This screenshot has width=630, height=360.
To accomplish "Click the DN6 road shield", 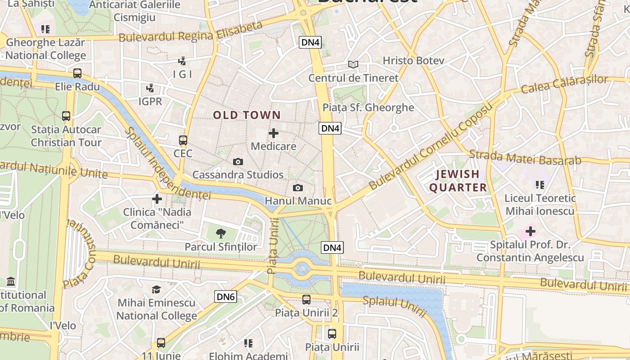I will pyautogui.click(x=225, y=297).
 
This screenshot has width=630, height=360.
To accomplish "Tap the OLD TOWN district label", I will pyautogui.click(x=247, y=115).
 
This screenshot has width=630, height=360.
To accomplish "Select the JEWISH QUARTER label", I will pyautogui.click(x=458, y=181).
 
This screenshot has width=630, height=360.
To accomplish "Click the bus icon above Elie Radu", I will pyautogui.click(x=77, y=73).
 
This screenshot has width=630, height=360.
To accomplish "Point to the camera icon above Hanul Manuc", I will pyautogui.click(x=298, y=188).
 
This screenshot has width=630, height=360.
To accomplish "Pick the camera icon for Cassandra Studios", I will pyautogui.click(x=238, y=162).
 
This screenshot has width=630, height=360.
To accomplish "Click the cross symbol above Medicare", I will pyautogui.click(x=274, y=133).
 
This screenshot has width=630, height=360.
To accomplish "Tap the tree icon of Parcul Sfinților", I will pyautogui.click(x=220, y=233).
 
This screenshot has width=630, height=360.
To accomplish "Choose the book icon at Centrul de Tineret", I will pyautogui.click(x=354, y=65).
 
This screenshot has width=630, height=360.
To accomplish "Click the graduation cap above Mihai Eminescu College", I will pyautogui.click(x=156, y=289).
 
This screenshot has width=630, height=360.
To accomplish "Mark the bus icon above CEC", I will pyautogui.click(x=183, y=140).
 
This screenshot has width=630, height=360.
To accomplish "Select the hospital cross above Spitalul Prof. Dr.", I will pyautogui.click(x=531, y=232).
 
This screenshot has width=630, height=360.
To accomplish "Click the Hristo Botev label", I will pyautogui.click(x=413, y=60).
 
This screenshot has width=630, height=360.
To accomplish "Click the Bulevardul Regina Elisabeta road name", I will pyautogui.click(x=190, y=32).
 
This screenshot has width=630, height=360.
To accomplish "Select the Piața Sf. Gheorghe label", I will pyautogui.click(x=368, y=107).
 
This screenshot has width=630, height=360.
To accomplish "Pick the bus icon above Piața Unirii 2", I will pyautogui.click(x=306, y=299).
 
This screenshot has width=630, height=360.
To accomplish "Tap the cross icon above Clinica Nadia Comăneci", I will pyautogui.click(x=157, y=198).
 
